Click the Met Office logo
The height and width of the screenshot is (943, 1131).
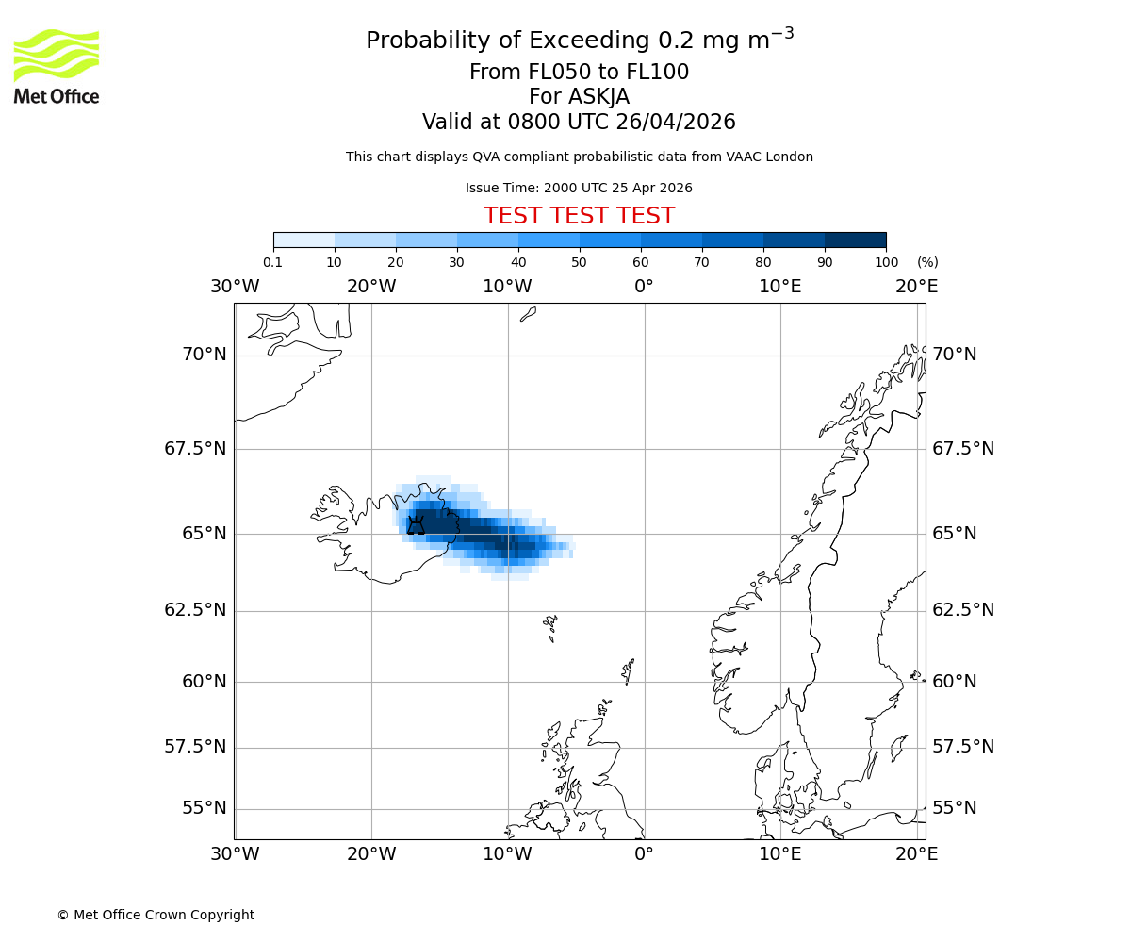[x=57, y=66]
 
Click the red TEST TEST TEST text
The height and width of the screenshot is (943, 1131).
[x=579, y=216]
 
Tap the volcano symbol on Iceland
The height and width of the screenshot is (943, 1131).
[x=416, y=525]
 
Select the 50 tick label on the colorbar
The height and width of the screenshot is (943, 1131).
[x=579, y=262]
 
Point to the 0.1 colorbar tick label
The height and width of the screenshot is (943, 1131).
[x=273, y=262]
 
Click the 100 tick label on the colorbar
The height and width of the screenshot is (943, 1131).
[x=886, y=262]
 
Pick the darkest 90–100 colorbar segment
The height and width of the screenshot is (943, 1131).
[x=855, y=240]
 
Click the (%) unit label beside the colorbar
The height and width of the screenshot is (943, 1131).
[x=927, y=262]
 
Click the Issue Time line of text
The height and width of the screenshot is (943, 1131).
[x=579, y=188]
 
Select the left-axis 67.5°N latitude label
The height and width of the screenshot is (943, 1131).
[x=195, y=449]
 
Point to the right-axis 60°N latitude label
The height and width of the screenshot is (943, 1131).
[x=955, y=681]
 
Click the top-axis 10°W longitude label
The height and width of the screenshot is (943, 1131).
[x=507, y=287]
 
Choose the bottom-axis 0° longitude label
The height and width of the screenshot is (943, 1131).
[x=644, y=854]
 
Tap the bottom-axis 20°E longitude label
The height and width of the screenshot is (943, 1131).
[x=916, y=854]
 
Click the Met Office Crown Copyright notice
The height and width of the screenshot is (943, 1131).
[x=156, y=915]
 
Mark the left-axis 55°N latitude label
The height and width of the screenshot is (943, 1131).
[x=205, y=808]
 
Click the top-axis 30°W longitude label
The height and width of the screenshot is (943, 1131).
[x=235, y=287]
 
